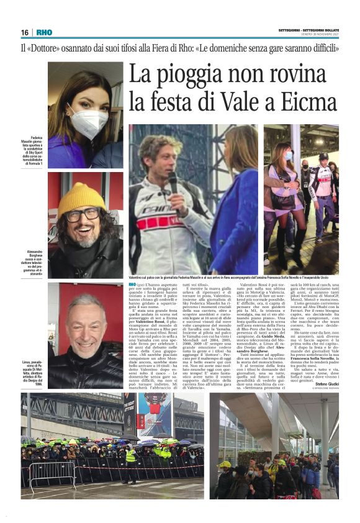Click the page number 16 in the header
click(25, 32)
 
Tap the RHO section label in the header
click(44, 32)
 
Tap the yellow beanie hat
click(81, 198)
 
